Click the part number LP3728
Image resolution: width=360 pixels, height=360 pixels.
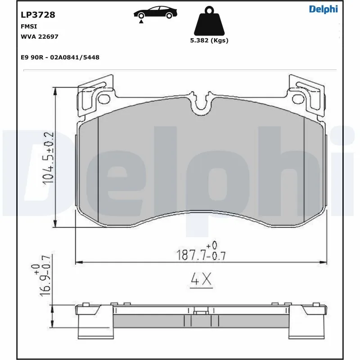(x=38, y=14)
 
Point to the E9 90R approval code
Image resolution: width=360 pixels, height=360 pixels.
(x=60, y=57)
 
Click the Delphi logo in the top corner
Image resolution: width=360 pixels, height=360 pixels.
(x=323, y=9)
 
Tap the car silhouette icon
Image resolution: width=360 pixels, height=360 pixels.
(x=154, y=13)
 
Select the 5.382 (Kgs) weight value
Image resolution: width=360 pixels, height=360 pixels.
(x=209, y=40)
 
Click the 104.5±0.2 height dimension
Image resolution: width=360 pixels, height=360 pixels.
(x=48, y=158)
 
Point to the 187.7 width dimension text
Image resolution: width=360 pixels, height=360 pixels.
(x=200, y=255)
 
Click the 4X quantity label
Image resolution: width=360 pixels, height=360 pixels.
(x=201, y=280)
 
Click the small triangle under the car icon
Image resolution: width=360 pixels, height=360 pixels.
(x=141, y=21)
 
